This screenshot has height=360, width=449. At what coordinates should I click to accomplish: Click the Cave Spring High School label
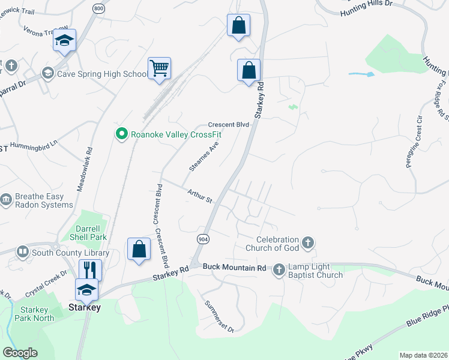click(101, 74)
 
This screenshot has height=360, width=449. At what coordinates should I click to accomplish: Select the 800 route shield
click(98, 8)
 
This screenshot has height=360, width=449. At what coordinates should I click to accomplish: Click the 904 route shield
click(203, 238)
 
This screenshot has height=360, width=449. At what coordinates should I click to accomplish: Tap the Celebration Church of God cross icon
click(307, 243)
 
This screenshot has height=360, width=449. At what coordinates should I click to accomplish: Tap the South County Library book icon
click(22, 252)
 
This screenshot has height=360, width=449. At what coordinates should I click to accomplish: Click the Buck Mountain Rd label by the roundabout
click(234, 266)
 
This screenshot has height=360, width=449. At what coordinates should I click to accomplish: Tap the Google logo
click(20, 353)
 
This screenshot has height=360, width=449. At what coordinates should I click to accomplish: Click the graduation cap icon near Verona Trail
click(63, 40)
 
